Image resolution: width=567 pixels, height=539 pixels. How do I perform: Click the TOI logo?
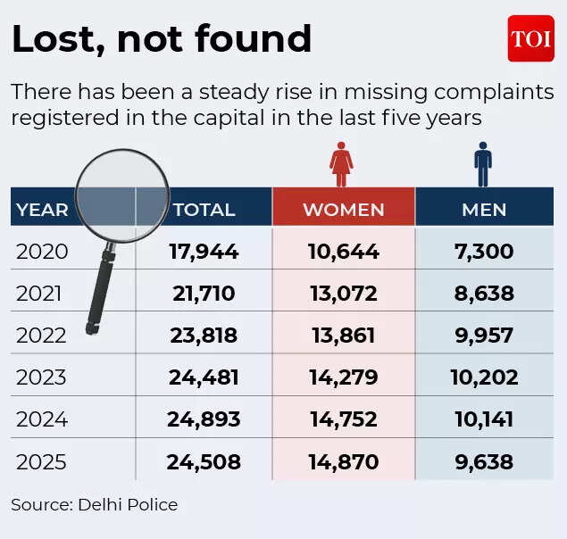(x=530, y=39)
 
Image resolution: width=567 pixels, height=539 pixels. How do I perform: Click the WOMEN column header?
(x=343, y=210)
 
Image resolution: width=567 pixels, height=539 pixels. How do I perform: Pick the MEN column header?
(x=484, y=210)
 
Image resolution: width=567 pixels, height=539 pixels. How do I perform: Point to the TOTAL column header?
(x=204, y=210)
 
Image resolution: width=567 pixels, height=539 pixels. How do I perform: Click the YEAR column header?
(x=42, y=210)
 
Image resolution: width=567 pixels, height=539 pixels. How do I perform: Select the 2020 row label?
(x=42, y=252)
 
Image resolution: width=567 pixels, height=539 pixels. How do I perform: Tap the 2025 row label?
(x=42, y=462)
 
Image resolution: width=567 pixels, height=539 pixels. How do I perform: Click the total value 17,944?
(x=204, y=252)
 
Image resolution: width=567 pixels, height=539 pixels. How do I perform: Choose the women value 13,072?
(x=343, y=294)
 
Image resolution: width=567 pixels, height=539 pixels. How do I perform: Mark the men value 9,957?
(x=483, y=336)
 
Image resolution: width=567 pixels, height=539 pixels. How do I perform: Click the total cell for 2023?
(x=204, y=377)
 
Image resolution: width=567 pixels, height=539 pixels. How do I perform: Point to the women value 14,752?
(x=343, y=419)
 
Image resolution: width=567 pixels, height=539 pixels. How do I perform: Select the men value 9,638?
(x=483, y=462)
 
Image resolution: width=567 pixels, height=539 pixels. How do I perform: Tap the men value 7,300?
(x=483, y=252)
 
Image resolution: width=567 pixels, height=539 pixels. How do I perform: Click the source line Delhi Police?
(x=95, y=504)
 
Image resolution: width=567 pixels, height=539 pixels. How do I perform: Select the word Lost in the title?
(x=55, y=39)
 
